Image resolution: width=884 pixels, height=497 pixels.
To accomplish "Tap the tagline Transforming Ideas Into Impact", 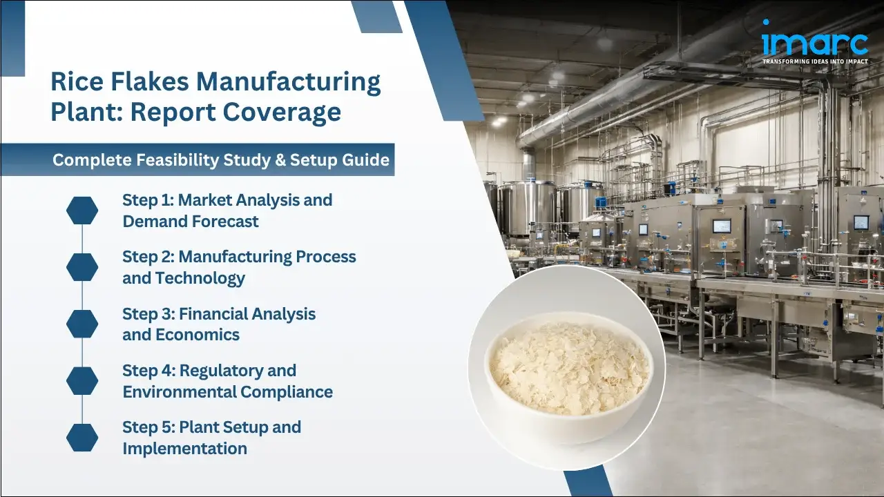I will pyautogui.click(x=815, y=61).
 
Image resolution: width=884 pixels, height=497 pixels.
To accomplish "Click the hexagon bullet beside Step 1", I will pyautogui.click(x=82, y=211).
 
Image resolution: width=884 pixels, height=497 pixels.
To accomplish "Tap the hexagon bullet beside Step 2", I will pyautogui.click(x=82, y=267).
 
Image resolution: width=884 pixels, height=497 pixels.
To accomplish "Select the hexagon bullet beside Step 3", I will pyautogui.click(x=82, y=324).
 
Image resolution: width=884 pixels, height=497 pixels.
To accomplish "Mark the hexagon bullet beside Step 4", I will pyautogui.click(x=82, y=380).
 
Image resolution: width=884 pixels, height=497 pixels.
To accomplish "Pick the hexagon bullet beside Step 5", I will pyautogui.click(x=82, y=437).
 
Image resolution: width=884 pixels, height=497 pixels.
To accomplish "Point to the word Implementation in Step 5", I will pyautogui.click(x=184, y=448).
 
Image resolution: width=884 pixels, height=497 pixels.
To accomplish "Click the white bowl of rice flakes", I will pyautogui.click(x=566, y=366).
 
